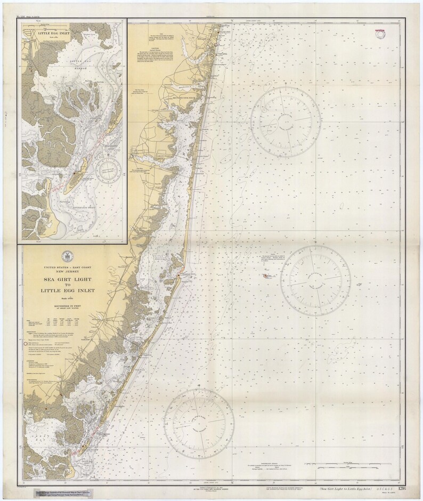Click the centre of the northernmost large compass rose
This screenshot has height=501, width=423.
(286, 118)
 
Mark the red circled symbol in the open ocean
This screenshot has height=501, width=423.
(265, 275)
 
